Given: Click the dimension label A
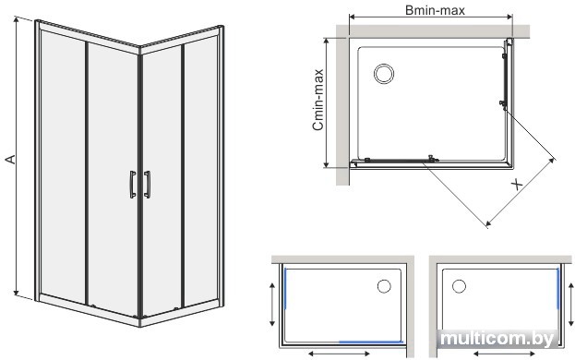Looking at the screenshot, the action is pyautogui.click(x=11, y=159).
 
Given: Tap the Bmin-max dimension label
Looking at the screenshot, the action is pyautogui.click(x=435, y=10).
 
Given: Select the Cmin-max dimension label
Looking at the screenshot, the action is pyautogui.click(x=317, y=100).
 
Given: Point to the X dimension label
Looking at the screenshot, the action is pyautogui.click(x=518, y=185).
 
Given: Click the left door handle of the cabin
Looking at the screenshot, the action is pyautogui.click(x=133, y=185).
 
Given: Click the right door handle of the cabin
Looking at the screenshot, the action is pyautogui.click(x=147, y=185).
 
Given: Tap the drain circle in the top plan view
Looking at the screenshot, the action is pyautogui.click(x=384, y=74).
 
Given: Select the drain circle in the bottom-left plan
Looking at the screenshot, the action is pyautogui.click(x=384, y=286).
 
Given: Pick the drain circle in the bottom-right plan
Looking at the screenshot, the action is pyautogui.click(x=459, y=286).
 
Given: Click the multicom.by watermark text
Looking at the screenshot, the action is pyautogui.click(x=497, y=339).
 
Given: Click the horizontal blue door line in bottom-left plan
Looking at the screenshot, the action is pyautogui.click(x=371, y=342).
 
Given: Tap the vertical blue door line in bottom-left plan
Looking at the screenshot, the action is pyautogui.click(x=285, y=288).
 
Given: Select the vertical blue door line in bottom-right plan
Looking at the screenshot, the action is pyautogui.click(x=558, y=288).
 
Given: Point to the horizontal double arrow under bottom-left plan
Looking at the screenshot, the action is pyautogui.click(x=339, y=354).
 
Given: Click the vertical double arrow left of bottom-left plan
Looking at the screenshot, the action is pyautogui.click(x=272, y=305).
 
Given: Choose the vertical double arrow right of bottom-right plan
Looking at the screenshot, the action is pyautogui.click(x=571, y=305).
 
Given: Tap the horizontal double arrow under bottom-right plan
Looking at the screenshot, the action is pyautogui.click(x=504, y=354).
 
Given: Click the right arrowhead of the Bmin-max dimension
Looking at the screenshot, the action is pyautogui.click(x=509, y=17).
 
